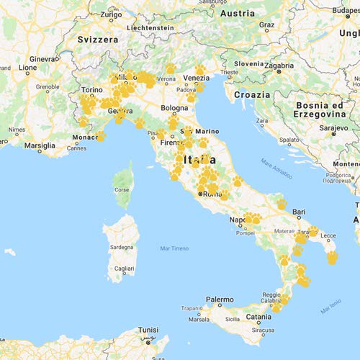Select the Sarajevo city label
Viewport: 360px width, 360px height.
(334, 127)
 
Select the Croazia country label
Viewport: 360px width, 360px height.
(251, 94)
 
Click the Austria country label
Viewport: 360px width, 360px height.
(236, 14)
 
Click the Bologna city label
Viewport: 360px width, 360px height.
(174, 108)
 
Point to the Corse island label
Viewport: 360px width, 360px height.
(123, 190)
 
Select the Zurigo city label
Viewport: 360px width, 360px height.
(111, 14)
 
